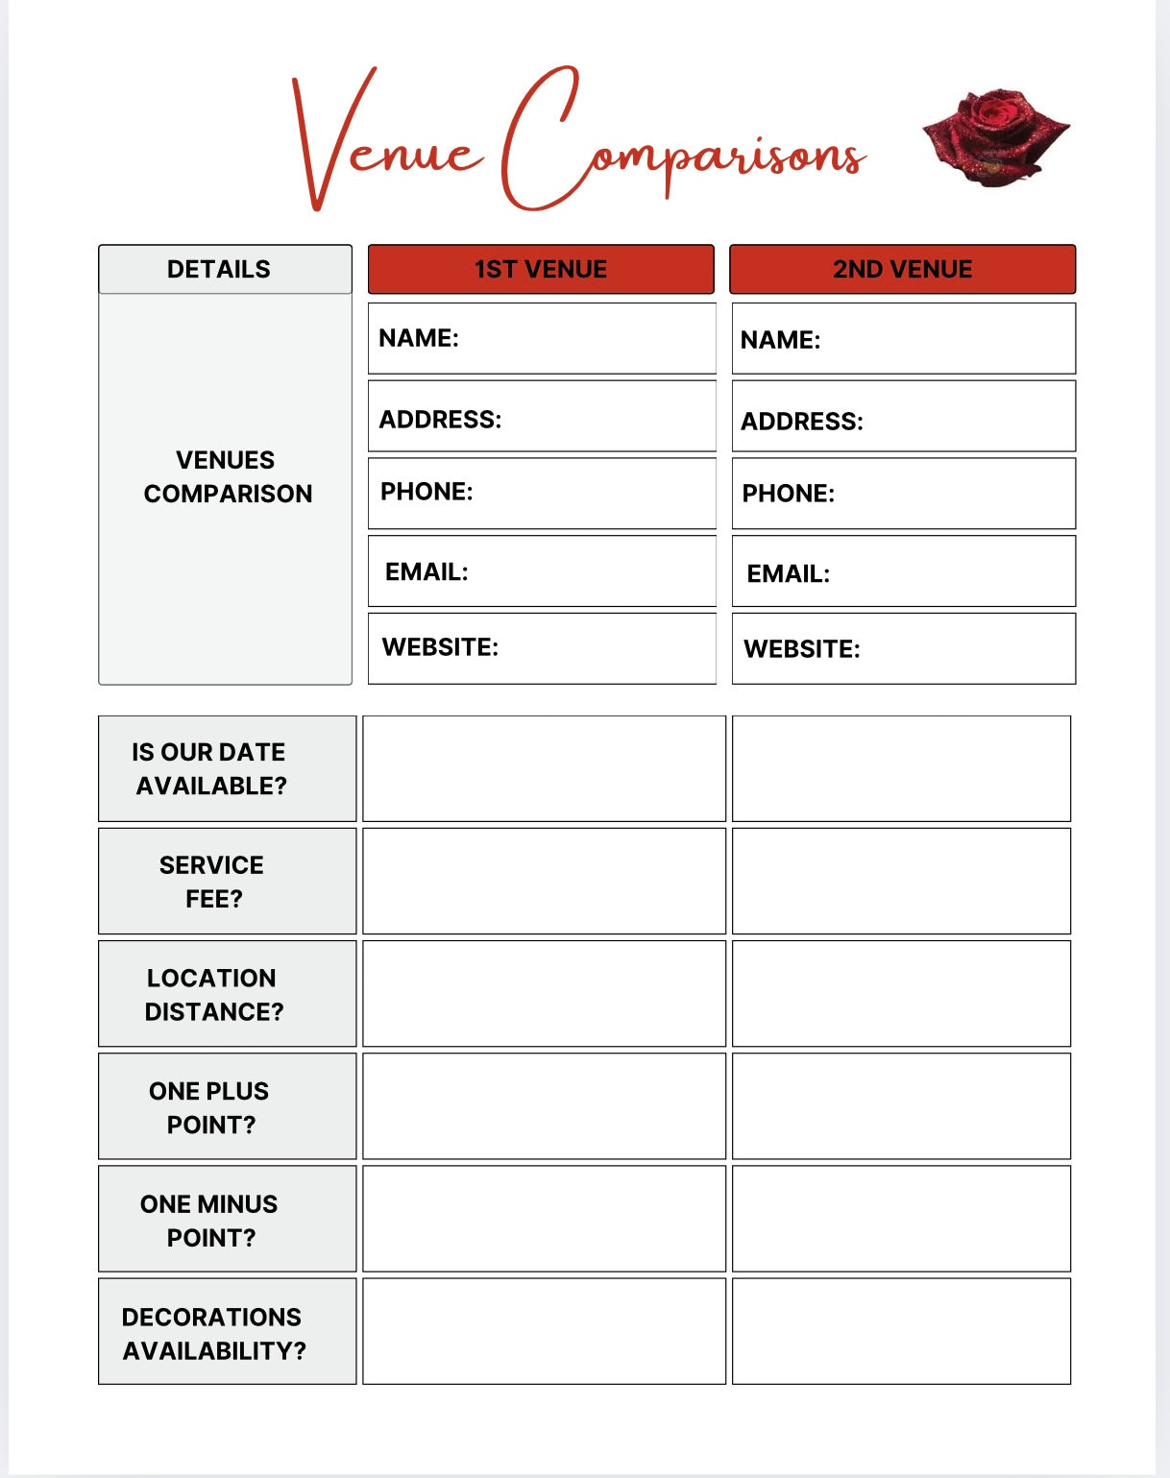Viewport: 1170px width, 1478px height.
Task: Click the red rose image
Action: coord(996,136)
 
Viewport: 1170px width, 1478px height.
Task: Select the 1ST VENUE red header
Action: coord(541,269)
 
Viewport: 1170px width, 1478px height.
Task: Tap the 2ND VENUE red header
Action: coord(902,269)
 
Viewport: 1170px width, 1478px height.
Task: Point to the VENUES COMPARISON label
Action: coord(228,476)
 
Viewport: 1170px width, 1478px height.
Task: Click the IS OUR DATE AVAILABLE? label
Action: coord(210,768)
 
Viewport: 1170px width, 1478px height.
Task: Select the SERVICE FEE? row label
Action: coord(212,882)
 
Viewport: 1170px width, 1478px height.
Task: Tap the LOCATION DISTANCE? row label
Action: coord(213,994)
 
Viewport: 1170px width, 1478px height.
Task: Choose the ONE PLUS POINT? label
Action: coord(209,1107)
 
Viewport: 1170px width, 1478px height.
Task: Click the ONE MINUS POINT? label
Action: coord(209,1220)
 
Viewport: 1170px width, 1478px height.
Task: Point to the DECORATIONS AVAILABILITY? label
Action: coord(213,1333)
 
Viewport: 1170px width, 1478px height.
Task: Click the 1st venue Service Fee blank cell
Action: coord(544,881)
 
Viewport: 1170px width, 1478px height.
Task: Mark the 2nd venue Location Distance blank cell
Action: coord(901,993)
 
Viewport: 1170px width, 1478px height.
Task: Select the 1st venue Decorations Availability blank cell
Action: coord(544,1331)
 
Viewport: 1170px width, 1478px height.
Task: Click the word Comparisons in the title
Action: coord(682,144)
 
